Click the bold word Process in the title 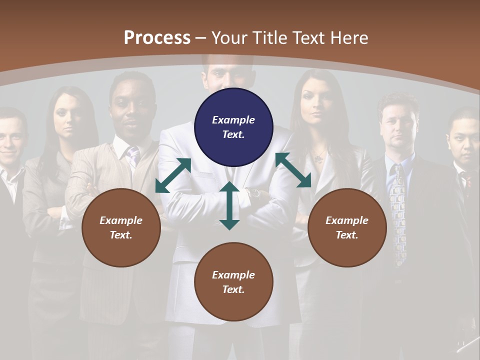pos(157,38)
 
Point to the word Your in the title pos(230,38)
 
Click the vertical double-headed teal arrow pos(229,205)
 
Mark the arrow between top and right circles pos(293,170)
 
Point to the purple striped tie pos(133,155)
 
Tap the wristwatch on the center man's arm pos(255,192)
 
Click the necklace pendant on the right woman pos(318,159)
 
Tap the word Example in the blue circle pos(233,120)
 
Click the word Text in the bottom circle pos(233,289)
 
